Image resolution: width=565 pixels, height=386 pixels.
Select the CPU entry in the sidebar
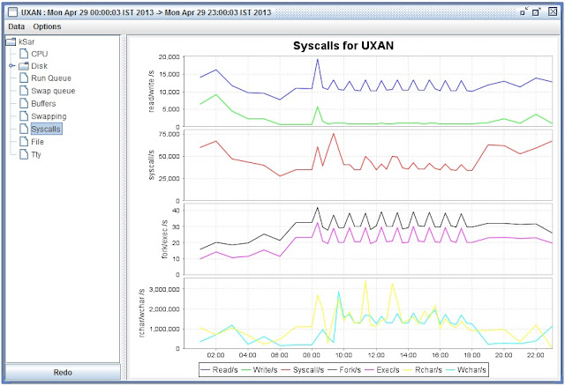39,54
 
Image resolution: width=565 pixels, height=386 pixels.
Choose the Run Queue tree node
51,78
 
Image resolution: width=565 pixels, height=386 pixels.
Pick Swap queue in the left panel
54,91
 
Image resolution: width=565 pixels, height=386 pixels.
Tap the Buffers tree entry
44,103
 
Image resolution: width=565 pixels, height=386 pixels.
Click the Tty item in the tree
36,153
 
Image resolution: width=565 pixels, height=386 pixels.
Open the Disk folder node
39,66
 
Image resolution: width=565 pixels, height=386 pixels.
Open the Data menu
17,26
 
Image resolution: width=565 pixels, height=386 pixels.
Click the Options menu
47,26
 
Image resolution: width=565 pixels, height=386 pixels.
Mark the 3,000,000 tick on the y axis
160,288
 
